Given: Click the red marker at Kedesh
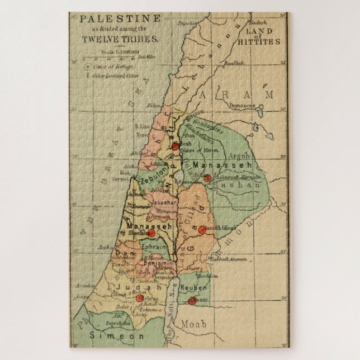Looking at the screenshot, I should click(x=175, y=147).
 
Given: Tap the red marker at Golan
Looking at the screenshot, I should click(x=207, y=178).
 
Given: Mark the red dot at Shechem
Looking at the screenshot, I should click(x=151, y=234).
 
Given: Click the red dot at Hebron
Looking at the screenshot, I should click(x=140, y=298).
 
